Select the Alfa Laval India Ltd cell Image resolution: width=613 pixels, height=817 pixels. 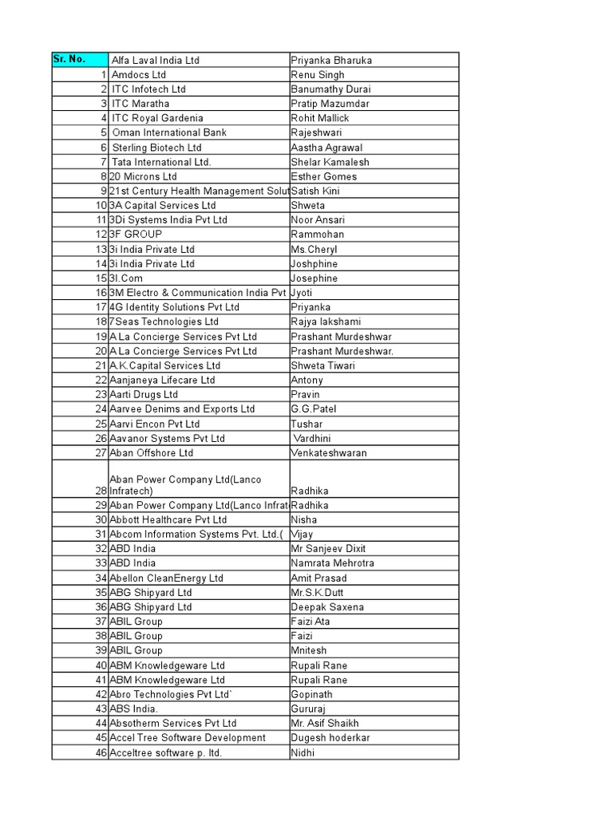156,61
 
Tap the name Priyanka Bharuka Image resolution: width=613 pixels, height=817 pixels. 331,61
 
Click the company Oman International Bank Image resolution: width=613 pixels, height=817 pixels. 169,132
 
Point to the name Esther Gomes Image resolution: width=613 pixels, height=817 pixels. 324,176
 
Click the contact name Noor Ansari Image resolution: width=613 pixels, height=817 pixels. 319,220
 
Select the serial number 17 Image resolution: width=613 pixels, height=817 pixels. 101,307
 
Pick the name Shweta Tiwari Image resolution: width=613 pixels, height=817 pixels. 323,365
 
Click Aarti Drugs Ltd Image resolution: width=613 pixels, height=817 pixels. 144,394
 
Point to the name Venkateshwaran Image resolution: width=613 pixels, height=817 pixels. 329,452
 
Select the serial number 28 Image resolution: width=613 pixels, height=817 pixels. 101,491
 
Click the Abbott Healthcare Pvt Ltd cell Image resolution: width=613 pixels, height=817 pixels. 168,519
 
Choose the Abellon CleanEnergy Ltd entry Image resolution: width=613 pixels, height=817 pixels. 166,578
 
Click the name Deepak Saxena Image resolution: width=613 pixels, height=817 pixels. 327,607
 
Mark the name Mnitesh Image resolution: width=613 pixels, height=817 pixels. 309,650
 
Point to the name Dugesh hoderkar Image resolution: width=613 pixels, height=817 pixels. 330,738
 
